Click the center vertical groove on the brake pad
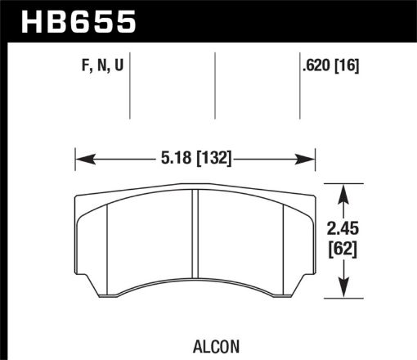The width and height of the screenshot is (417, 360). point(195,237)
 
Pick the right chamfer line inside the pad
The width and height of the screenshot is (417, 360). point(283,245)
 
